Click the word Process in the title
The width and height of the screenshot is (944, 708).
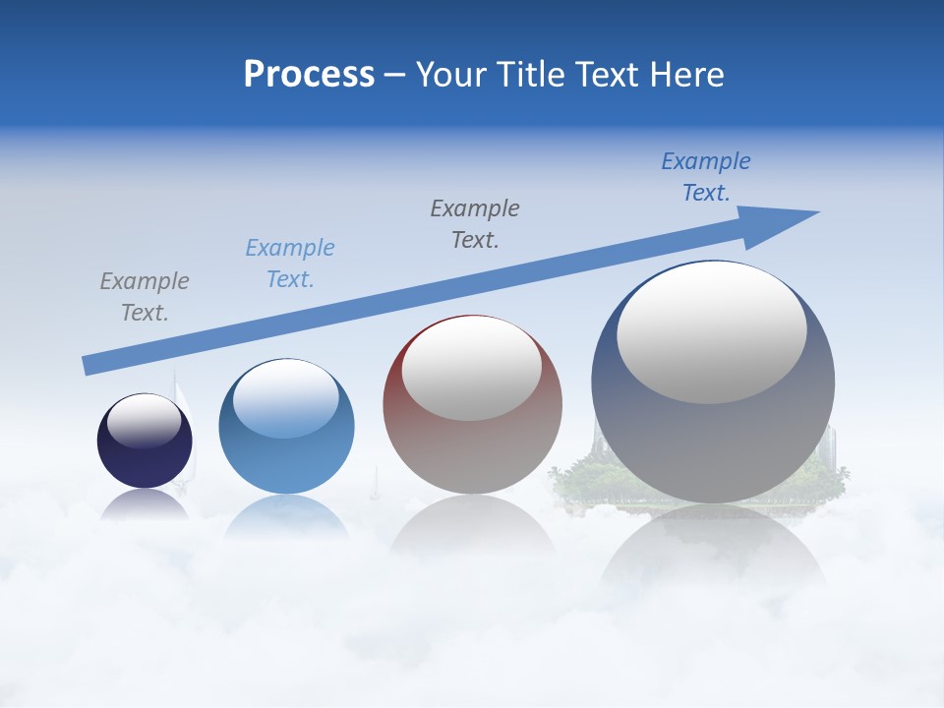(309, 75)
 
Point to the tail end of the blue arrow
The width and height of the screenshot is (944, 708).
(88, 365)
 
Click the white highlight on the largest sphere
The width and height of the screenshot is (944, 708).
(712, 332)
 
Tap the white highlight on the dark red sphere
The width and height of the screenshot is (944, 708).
(471, 369)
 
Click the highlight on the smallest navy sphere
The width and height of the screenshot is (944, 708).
(145, 421)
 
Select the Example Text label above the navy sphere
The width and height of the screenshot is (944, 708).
(145, 297)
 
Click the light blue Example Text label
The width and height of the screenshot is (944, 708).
(290, 264)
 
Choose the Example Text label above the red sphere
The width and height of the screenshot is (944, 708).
(475, 224)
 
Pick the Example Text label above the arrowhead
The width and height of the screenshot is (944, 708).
(706, 177)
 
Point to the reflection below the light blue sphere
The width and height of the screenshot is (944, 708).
(286, 516)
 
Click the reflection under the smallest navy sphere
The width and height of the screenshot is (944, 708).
(145, 503)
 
